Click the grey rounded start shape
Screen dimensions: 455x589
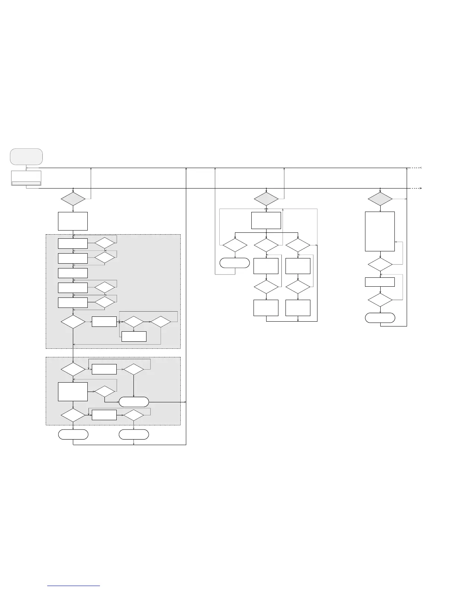pyautogui.click(x=26, y=157)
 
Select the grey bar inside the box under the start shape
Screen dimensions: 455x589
pyautogui.click(x=26, y=183)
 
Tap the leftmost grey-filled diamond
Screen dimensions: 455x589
pyautogui.click(x=73, y=199)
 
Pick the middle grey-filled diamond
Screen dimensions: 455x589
pyautogui.click(x=266, y=199)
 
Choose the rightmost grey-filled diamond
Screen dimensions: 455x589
pyautogui.click(x=380, y=199)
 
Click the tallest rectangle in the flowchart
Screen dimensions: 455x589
pyautogui.click(x=380, y=232)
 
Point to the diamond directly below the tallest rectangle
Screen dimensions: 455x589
pyautogui.click(x=380, y=264)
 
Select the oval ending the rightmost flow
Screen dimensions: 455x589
pyautogui.click(x=380, y=318)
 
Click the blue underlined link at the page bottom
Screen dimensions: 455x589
pyautogui.click(x=74, y=586)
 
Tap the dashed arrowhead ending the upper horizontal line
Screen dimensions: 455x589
pyautogui.click(x=420, y=168)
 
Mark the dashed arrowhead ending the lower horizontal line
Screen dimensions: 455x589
pyautogui.click(x=420, y=189)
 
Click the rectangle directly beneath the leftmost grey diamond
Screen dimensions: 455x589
pyautogui.click(x=73, y=221)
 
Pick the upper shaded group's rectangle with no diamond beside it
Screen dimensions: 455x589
pyautogui.click(x=73, y=273)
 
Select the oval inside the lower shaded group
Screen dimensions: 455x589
pyautogui.click(x=134, y=402)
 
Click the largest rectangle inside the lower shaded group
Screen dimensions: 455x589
pyautogui.click(x=73, y=392)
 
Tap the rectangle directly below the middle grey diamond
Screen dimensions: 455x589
pyautogui.click(x=266, y=221)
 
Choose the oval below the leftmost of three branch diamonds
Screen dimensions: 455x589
pyautogui.click(x=235, y=263)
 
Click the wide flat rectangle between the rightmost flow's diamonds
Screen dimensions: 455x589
pyautogui.click(x=380, y=282)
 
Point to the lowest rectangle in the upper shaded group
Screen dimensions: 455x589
pyautogui.click(x=134, y=336)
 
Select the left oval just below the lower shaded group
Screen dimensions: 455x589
pyautogui.click(x=73, y=434)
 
